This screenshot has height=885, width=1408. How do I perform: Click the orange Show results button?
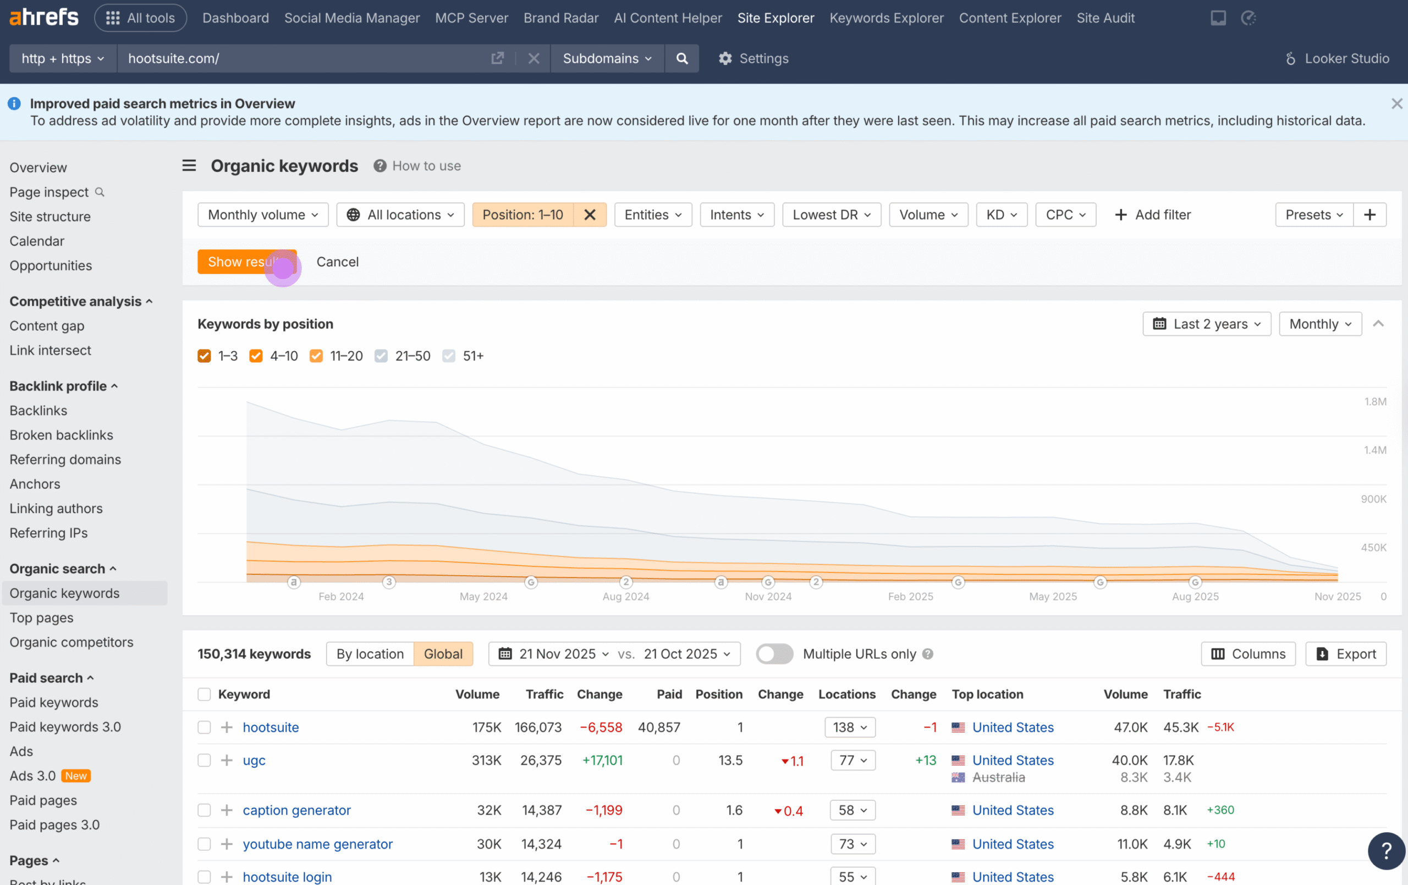(x=246, y=261)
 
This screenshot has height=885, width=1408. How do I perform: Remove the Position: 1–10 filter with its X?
(x=590, y=215)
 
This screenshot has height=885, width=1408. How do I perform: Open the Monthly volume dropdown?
(x=262, y=215)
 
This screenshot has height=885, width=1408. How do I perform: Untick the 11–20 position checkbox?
(x=316, y=356)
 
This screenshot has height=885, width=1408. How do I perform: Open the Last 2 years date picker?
(x=1206, y=324)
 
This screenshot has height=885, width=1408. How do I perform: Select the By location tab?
(x=370, y=653)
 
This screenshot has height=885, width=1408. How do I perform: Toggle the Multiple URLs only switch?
(x=774, y=653)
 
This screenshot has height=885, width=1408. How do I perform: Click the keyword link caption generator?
(x=296, y=810)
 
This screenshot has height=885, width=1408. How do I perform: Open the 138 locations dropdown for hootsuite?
(x=850, y=727)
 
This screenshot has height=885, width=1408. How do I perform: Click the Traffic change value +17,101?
(x=602, y=760)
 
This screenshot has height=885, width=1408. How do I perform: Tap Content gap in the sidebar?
(x=47, y=326)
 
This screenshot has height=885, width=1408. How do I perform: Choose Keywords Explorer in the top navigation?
(x=886, y=18)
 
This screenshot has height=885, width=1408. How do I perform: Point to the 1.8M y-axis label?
(x=1374, y=401)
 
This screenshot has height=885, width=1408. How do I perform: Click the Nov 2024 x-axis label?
(x=768, y=596)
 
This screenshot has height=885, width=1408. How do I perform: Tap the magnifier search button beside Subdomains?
(x=682, y=58)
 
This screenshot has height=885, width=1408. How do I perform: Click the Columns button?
(x=1248, y=653)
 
